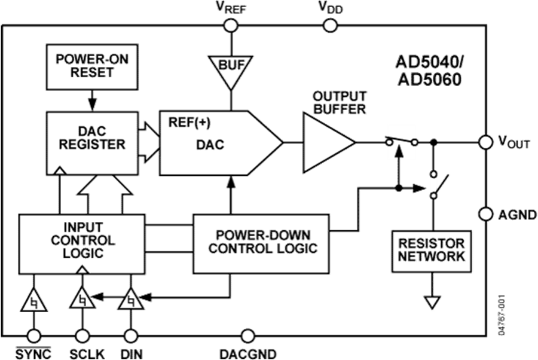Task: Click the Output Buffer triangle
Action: click(326, 143)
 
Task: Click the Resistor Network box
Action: click(429, 249)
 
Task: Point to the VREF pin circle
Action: click(230, 25)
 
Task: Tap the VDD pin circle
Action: click(330, 25)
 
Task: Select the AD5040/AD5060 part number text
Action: click(428, 71)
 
